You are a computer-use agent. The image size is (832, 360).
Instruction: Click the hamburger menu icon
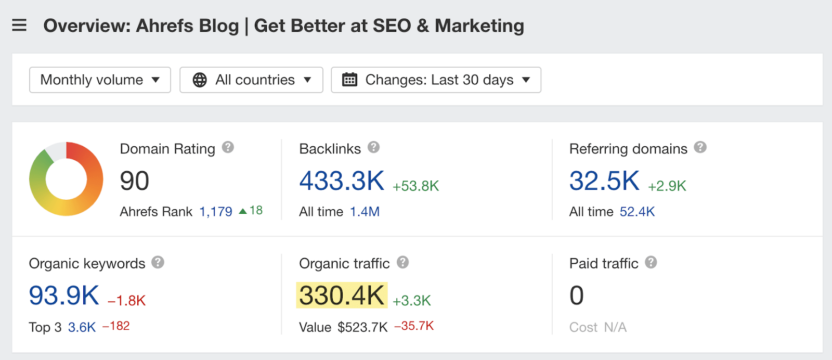tap(19, 25)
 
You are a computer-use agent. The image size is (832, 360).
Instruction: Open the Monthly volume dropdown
tap(100, 80)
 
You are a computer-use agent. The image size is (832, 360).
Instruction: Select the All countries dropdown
tap(251, 80)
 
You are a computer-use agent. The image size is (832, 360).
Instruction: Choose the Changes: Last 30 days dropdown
tap(436, 80)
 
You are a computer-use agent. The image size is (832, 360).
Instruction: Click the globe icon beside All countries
tap(200, 80)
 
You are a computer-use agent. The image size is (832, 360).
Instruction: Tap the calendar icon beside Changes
tap(349, 80)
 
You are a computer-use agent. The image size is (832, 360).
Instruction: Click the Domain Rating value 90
tap(135, 181)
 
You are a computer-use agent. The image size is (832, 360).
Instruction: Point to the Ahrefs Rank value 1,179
tap(216, 212)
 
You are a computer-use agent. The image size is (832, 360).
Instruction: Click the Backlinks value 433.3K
tap(342, 181)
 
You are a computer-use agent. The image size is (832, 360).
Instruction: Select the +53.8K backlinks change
tap(416, 186)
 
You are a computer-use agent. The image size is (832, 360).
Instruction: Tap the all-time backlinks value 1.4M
tap(365, 212)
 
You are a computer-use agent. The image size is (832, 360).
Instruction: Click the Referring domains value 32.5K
tap(604, 181)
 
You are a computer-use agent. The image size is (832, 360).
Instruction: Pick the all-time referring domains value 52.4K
tap(637, 212)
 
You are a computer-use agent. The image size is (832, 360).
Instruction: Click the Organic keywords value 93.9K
tap(64, 295)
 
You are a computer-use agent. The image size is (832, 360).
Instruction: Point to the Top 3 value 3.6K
tap(82, 327)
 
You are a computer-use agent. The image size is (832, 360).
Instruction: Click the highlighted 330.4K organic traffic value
tap(342, 295)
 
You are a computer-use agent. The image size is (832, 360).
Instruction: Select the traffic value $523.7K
tap(362, 327)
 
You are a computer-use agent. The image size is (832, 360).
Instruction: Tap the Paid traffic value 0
tap(577, 295)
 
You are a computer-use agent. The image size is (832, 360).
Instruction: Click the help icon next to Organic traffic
tap(402, 262)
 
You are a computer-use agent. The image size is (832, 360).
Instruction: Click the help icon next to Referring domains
tap(700, 147)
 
